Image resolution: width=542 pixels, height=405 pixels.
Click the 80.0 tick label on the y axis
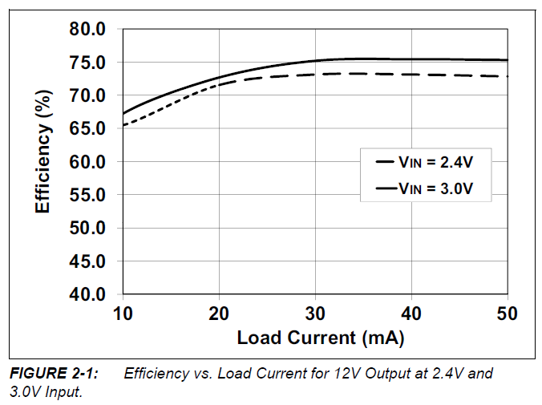pos(87,29)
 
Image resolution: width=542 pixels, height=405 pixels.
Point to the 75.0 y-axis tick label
pos(87,63)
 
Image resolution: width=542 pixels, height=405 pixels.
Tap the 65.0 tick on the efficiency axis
pos(87,128)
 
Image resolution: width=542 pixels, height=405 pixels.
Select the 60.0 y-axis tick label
pos(87,162)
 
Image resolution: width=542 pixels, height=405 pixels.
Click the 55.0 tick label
pos(87,195)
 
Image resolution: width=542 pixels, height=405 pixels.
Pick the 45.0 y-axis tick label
pos(87,261)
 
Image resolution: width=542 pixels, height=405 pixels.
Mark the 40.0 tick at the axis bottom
pos(87,294)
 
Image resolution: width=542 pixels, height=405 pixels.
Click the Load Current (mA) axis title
pos(320,338)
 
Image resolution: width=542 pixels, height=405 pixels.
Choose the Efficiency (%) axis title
pos(43,162)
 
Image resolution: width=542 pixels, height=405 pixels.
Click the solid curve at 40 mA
pos(411,59)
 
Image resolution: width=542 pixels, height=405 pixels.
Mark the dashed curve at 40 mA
pos(411,74)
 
